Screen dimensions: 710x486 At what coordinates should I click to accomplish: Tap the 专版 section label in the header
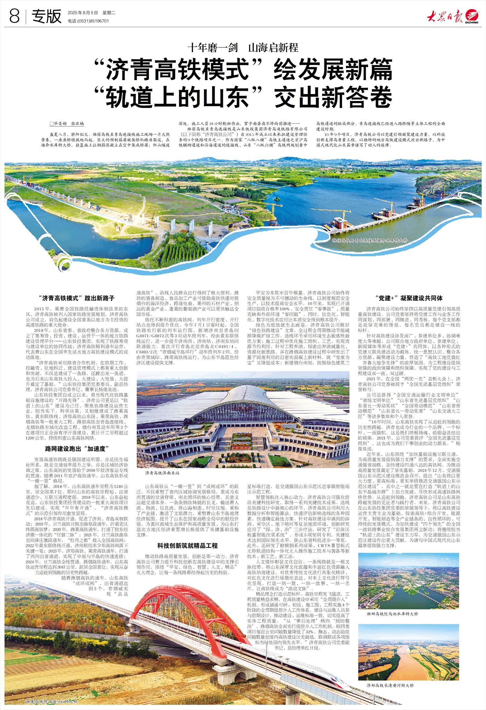[46, 16]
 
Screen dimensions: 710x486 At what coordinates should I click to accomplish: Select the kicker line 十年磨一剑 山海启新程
[243, 48]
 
